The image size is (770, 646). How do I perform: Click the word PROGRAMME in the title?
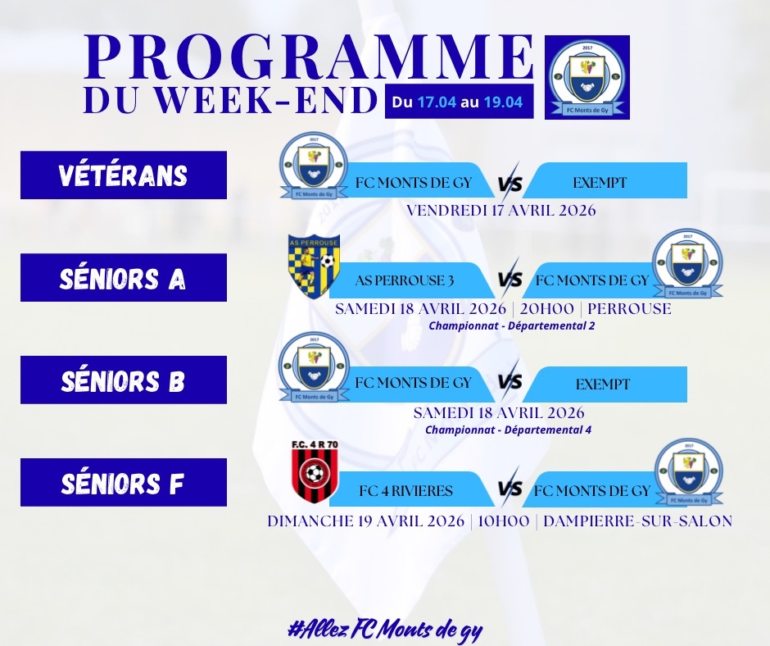click(309, 57)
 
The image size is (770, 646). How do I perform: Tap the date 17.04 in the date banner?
click(437, 102)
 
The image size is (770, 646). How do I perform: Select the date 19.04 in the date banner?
click(503, 102)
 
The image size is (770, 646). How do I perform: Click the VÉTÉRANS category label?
click(123, 175)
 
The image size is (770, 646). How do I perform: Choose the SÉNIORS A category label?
click(123, 278)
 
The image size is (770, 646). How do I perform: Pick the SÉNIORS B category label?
click(123, 380)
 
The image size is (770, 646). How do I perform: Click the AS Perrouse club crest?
click(313, 266)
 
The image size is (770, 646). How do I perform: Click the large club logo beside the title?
click(587, 77)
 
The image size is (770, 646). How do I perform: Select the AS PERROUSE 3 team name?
click(404, 280)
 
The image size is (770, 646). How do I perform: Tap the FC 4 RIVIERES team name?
click(405, 490)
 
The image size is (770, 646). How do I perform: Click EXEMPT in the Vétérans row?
click(600, 183)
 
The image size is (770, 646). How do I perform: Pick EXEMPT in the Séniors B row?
click(603, 384)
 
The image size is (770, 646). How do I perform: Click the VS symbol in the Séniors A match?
click(510, 279)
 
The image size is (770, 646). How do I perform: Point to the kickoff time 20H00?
click(546, 309)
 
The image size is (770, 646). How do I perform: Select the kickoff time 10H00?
click(503, 521)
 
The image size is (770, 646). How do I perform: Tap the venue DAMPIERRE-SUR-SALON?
click(638, 521)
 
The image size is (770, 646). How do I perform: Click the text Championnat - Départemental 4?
click(508, 430)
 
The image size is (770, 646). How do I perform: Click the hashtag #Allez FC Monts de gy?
click(385, 630)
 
